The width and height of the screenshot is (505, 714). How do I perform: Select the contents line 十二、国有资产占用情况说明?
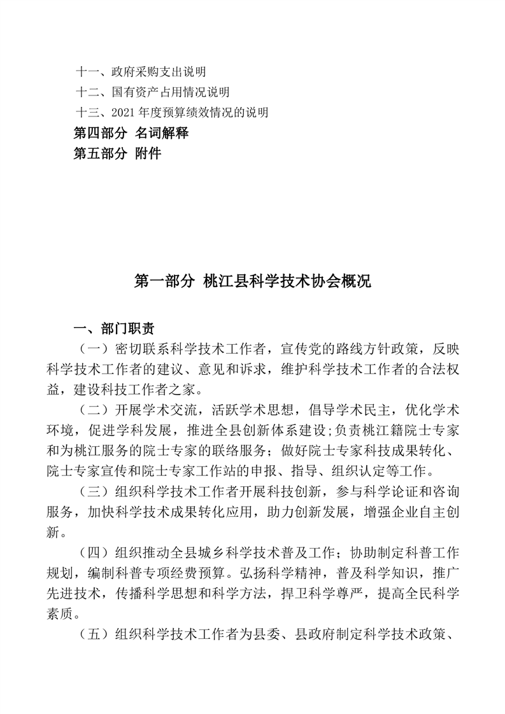(152, 92)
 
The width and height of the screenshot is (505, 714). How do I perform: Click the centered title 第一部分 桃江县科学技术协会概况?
(252, 281)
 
